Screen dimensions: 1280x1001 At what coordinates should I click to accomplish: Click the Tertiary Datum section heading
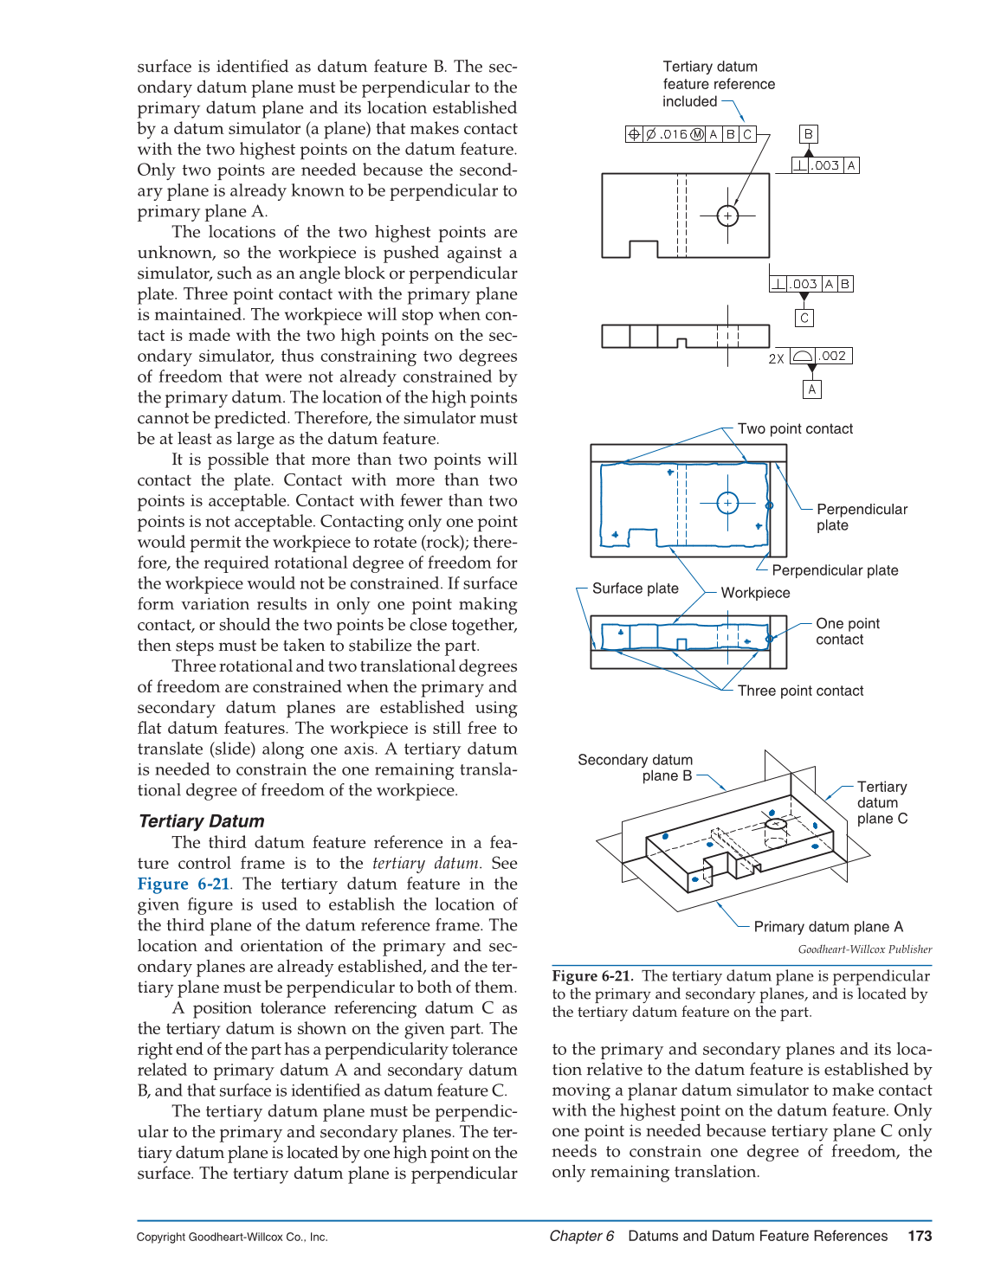click(x=201, y=821)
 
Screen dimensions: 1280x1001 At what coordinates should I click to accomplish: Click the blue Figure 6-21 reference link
click(x=184, y=884)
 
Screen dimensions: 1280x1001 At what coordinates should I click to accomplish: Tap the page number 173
click(x=920, y=1236)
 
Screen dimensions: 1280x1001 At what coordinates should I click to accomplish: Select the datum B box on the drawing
click(x=808, y=134)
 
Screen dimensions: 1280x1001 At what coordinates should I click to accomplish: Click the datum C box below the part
click(x=804, y=318)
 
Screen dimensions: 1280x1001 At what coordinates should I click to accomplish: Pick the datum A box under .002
click(x=811, y=389)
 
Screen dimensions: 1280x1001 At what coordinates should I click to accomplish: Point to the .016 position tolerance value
click(x=674, y=134)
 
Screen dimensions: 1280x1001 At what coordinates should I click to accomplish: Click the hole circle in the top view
click(x=727, y=215)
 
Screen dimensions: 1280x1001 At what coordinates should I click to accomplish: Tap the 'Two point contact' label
click(x=795, y=429)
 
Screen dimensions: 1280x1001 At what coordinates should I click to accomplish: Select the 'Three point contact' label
click(x=800, y=691)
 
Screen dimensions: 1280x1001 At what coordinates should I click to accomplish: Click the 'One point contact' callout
click(x=847, y=632)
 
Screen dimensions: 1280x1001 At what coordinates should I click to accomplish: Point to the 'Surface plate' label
click(x=635, y=589)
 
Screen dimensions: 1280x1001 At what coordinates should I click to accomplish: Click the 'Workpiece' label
click(x=755, y=593)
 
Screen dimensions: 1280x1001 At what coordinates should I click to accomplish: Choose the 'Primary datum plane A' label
click(x=828, y=927)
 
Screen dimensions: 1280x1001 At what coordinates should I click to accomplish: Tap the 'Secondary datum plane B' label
click(x=636, y=768)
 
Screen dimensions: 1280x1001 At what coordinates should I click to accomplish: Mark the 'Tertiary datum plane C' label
click(x=882, y=802)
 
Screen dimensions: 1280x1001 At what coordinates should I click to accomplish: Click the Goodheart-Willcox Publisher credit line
click(x=864, y=949)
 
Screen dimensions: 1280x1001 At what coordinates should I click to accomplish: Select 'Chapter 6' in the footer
click(x=581, y=1236)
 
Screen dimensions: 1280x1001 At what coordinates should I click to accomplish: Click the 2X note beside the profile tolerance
click(x=776, y=358)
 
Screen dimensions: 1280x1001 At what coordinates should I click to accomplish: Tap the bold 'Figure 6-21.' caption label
click(x=593, y=976)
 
